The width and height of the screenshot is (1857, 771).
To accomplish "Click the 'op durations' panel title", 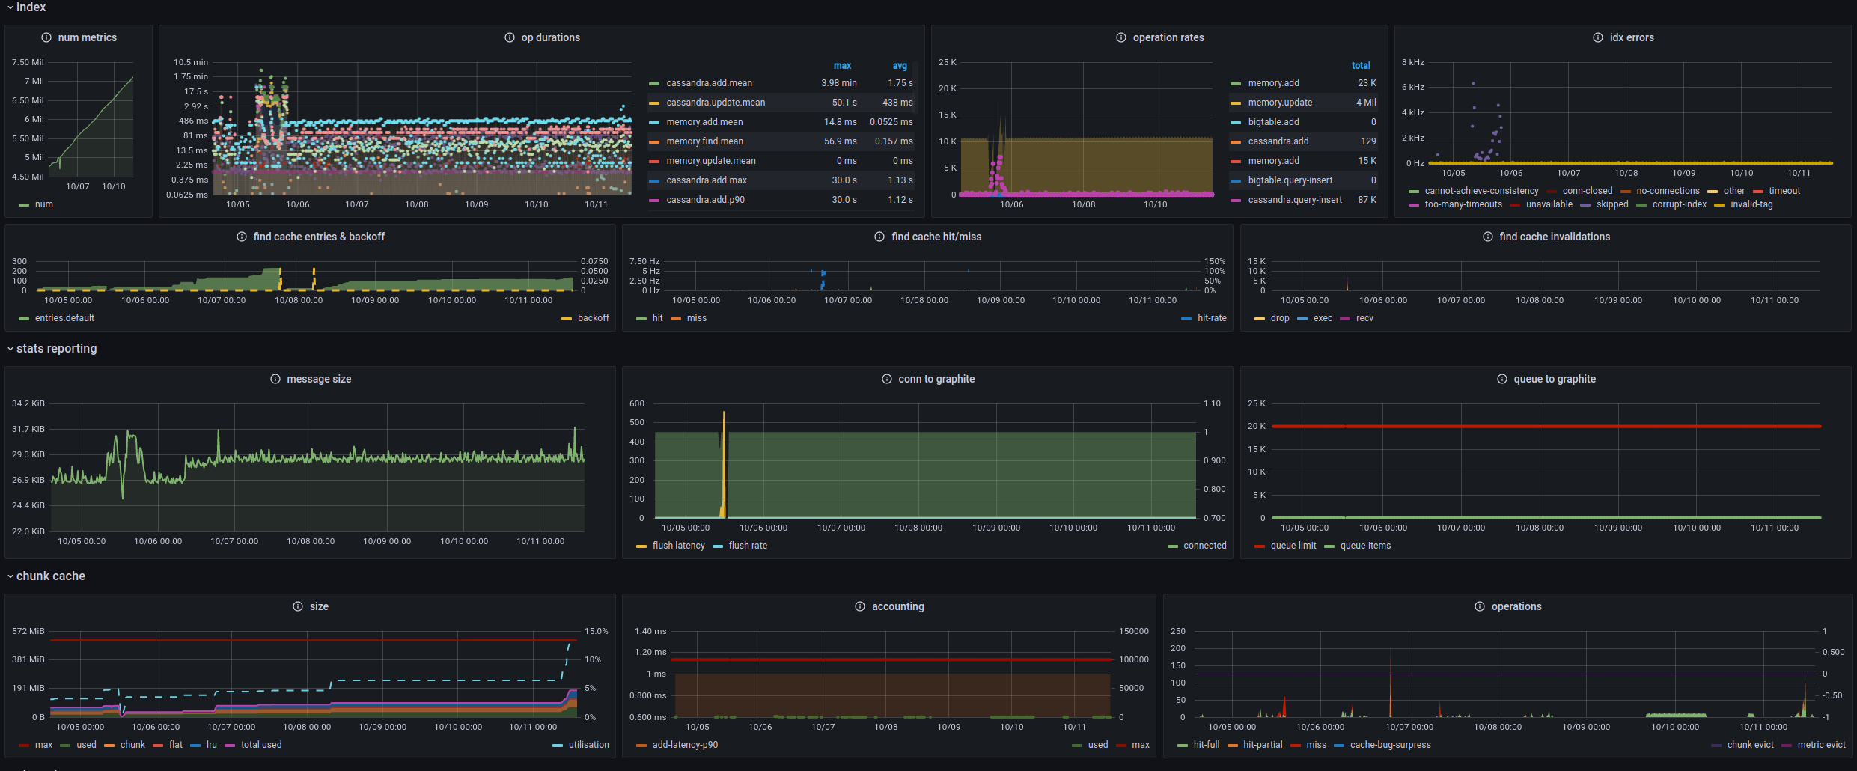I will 550,37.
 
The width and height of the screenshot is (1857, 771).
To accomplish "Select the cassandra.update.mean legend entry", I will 715,103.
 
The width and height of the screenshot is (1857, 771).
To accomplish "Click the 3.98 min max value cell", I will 838,83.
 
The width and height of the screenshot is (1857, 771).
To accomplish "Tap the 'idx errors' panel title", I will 1631,37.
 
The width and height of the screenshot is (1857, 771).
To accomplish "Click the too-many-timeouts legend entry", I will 1463,204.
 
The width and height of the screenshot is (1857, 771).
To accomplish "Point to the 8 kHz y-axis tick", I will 1412,62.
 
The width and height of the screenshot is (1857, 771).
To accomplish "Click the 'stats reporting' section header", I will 56,349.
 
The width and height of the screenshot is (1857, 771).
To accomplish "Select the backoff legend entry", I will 593,318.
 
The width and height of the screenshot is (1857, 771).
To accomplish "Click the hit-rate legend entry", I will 1211,318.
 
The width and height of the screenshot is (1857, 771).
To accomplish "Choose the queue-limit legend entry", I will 1293,546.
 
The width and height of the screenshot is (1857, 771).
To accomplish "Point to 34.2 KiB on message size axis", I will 28,403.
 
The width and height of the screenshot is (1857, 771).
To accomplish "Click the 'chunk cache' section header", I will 50,576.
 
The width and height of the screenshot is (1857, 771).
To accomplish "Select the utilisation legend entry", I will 588,745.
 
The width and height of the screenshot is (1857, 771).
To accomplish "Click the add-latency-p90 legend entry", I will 684,745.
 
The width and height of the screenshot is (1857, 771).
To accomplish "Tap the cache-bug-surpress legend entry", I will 1390,745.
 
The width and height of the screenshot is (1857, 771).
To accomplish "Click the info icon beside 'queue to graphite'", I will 1501,379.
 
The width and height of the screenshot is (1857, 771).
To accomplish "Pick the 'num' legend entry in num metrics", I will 43,204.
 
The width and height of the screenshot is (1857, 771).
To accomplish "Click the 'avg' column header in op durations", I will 899,66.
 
